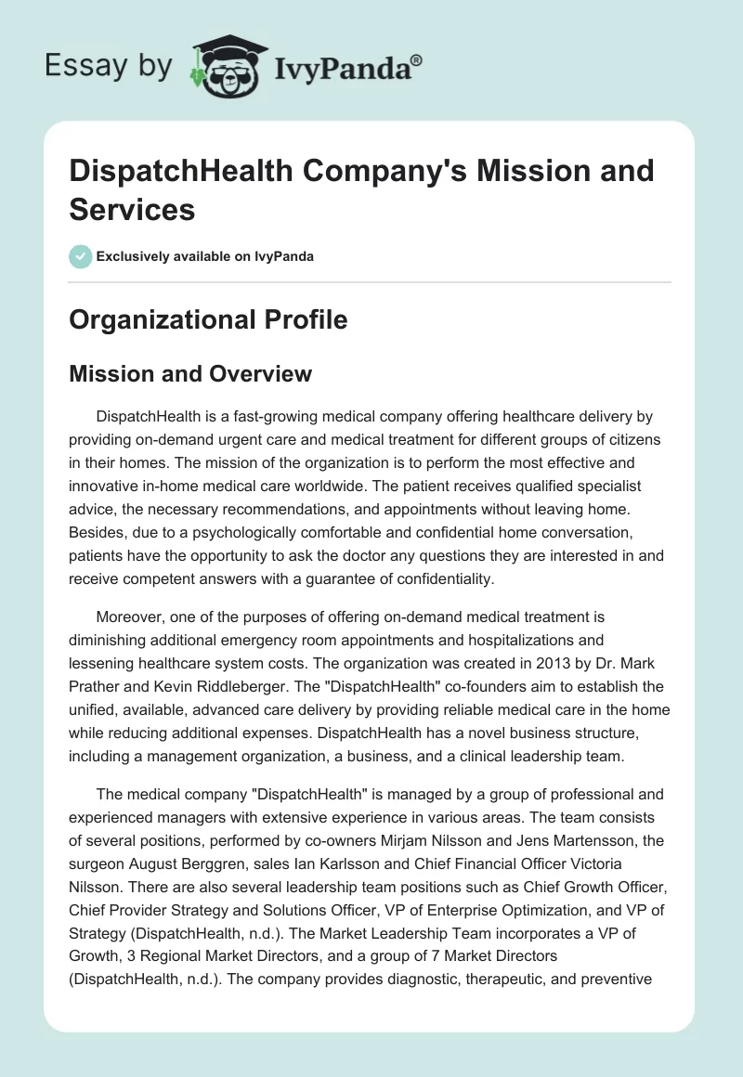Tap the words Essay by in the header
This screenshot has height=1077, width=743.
[x=110, y=65]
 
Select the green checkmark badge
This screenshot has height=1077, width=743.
[x=81, y=256]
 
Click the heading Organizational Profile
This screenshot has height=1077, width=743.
[x=208, y=320]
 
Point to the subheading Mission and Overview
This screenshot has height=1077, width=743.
[x=190, y=374]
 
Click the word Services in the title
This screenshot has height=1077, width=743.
[x=132, y=209]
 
